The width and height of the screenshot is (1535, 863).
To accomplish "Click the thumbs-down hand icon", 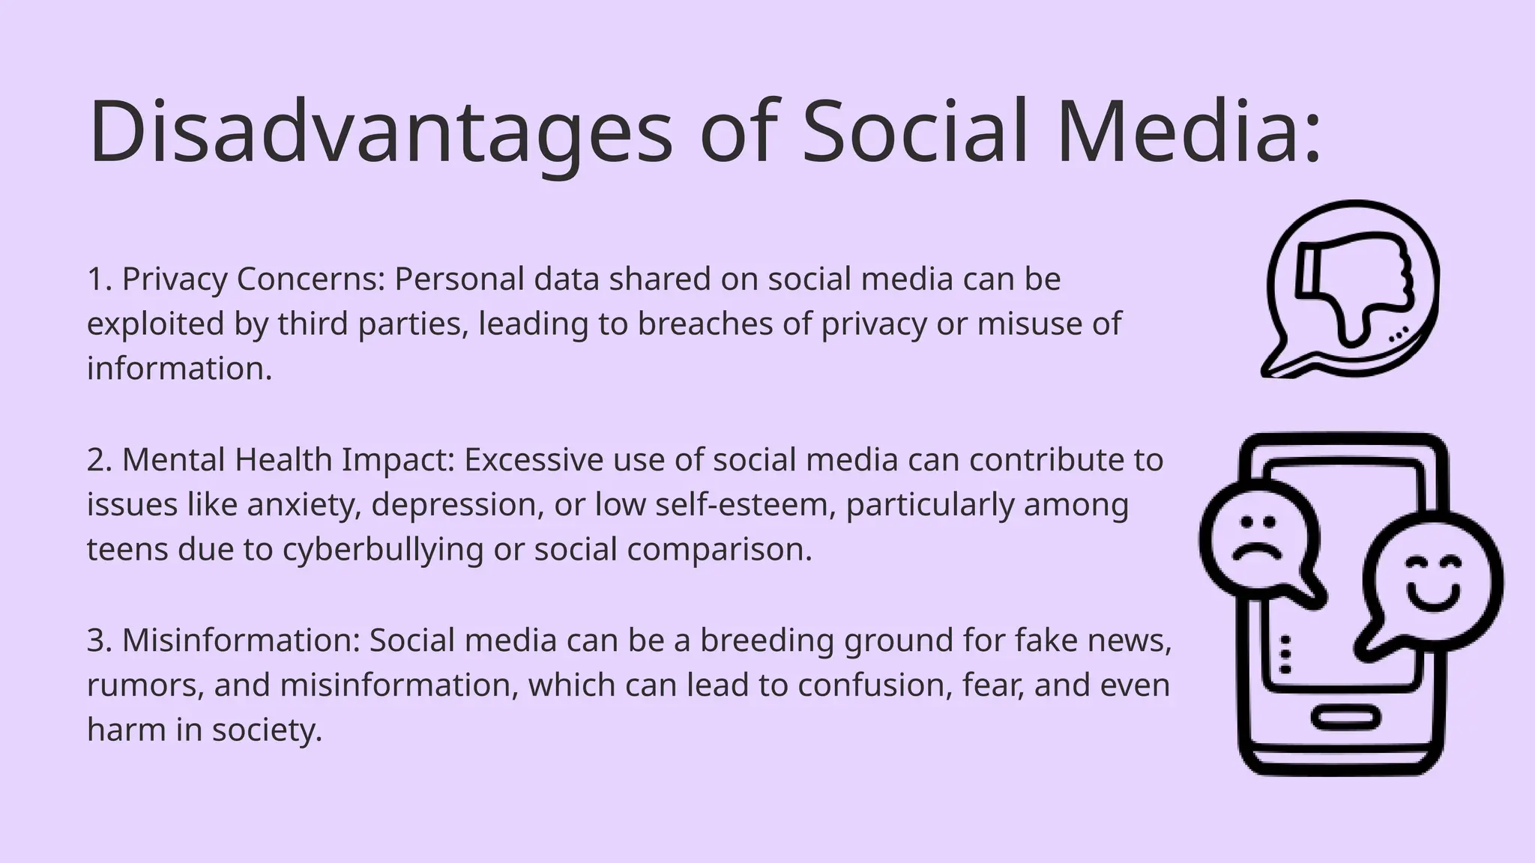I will tap(1355, 289).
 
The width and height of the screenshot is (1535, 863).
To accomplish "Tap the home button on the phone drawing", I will tap(1346, 718).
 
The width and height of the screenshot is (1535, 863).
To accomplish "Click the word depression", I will tap(457, 505).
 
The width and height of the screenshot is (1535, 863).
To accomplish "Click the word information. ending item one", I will tap(179, 369).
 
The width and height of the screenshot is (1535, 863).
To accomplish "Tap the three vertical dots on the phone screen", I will tap(1285, 655).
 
